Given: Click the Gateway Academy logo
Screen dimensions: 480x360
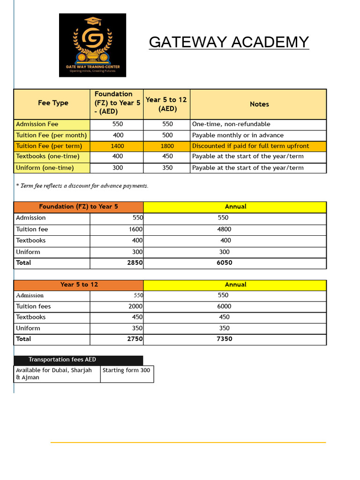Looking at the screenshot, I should [92, 45].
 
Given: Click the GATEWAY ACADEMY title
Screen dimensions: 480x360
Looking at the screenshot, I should [229, 42].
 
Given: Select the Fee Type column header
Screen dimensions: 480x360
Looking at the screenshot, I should [53, 103].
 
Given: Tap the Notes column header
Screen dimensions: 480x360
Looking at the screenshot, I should [259, 104].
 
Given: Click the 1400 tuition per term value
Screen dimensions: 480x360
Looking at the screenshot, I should [117, 146].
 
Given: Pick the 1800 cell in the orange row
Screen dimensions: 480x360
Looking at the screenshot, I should [167, 146].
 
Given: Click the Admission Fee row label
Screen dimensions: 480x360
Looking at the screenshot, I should [37, 124].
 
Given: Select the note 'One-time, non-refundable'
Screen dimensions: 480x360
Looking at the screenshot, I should [231, 124].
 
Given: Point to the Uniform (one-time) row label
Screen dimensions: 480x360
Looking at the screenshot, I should [45, 168].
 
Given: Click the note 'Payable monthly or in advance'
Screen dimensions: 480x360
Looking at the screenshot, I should [238, 135].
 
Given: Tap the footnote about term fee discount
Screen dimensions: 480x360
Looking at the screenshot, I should [82, 186].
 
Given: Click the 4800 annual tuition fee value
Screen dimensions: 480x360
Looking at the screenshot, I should [224, 229].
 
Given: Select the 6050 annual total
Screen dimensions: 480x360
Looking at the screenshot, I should [224, 263].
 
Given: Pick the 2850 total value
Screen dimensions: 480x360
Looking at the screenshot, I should [135, 263].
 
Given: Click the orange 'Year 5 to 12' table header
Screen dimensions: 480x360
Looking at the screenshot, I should [78, 285].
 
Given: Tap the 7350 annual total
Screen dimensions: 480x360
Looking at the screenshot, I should [224, 339].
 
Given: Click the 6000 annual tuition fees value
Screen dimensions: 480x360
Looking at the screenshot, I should [224, 306].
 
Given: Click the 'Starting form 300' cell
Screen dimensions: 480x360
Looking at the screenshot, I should [127, 370].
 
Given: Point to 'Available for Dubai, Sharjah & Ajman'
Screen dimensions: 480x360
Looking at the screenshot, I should [54, 374].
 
